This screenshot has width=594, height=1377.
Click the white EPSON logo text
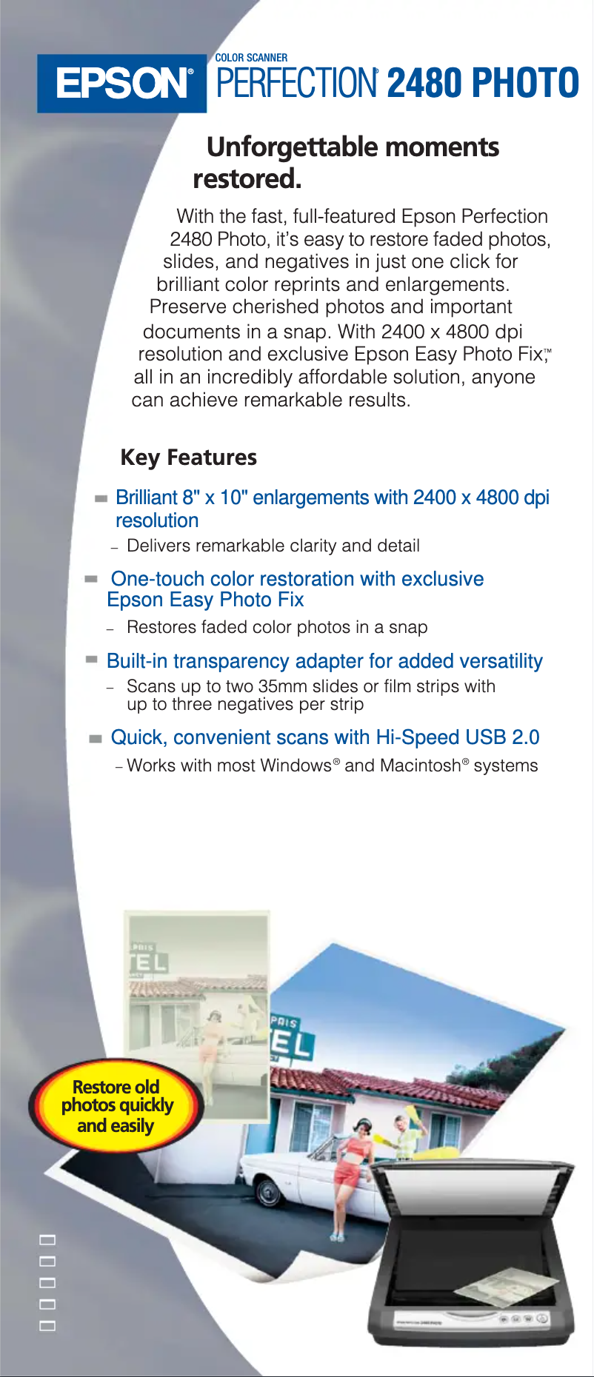point(123,84)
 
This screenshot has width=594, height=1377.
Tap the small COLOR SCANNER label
point(251,58)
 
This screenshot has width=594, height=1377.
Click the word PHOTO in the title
point(525,83)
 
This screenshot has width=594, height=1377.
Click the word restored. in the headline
point(247,179)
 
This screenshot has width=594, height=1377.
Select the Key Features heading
point(188,458)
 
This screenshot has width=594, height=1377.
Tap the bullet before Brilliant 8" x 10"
point(101,499)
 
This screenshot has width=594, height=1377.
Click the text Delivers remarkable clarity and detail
point(273,546)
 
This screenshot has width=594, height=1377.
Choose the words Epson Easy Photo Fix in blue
point(205,600)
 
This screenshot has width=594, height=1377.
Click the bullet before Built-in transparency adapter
point(92,659)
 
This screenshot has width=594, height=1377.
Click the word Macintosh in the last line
point(419,765)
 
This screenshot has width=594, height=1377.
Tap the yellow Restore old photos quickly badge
point(116,1106)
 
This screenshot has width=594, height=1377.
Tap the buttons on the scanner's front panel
point(522,1319)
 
